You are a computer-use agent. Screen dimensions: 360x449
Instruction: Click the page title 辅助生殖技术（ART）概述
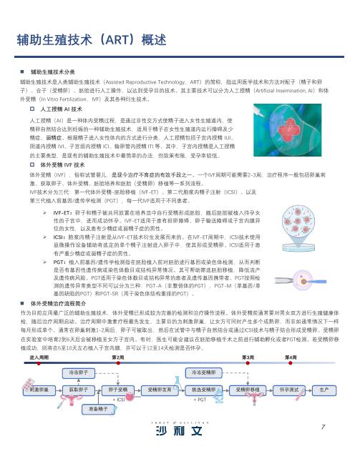pyautogui.click(x=87, y=39)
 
